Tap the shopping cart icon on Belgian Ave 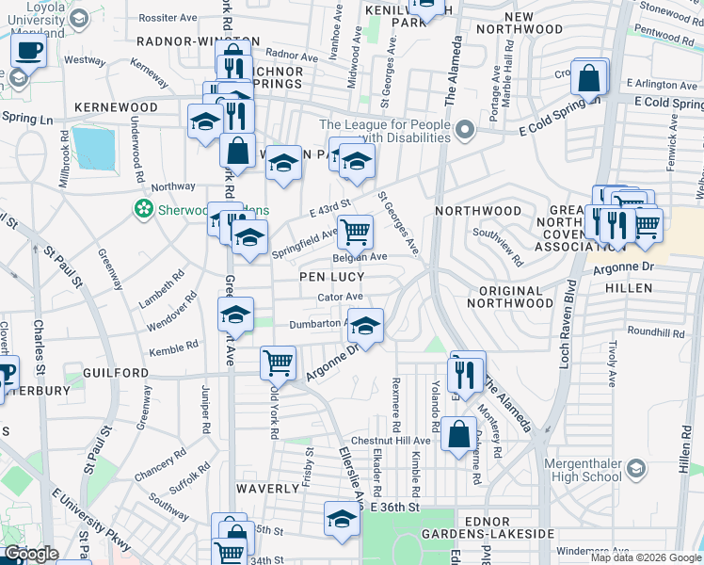click(x=355, y=231)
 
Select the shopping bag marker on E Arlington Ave click(x=589, y=78)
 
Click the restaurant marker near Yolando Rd click(x=466, y=373)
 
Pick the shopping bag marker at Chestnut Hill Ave click(x=459, y=435)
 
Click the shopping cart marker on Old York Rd click(x=278, y=363)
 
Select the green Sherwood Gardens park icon click(x=144, y=208)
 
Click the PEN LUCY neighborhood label click(x=327, y=278)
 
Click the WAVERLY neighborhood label click(x=267, y=489)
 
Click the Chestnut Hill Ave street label click(x=391, y=441)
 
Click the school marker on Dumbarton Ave click(x=366, y=326)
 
